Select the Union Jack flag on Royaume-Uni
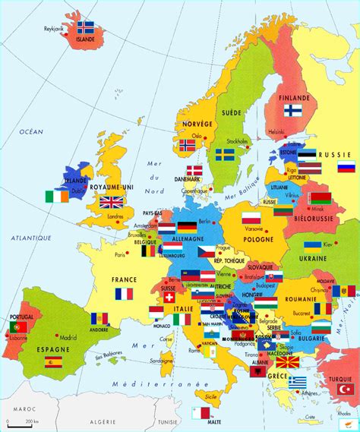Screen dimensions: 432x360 [112, 202]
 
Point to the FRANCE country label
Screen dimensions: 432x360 [124, 279]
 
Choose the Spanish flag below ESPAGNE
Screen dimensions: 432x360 [53, 362]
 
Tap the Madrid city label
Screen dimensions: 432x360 [68, 338]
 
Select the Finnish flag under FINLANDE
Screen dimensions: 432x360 [293, 110]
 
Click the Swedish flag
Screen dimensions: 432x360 [224, 154]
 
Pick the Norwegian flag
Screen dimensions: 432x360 [187, 144]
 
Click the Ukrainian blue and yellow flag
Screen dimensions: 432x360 [312, 247]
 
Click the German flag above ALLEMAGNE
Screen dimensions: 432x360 [187, 226]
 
